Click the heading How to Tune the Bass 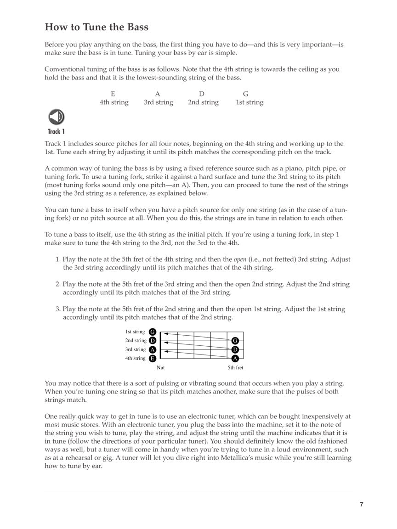point(96,27)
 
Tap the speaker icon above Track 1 point(56,117)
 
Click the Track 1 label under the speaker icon point(56,132)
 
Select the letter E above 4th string point(113,94)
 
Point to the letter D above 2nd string point(201,94)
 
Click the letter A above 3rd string point(158,94)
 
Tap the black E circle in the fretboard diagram point(153,358)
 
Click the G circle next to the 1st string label point(153,332)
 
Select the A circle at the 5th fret point(235,358)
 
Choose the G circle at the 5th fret point(235,341)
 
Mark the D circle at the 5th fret point(235,349)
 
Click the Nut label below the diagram point(160,368)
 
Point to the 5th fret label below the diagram point(235,368)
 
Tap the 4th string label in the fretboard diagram point(135,358)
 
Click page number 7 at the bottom point(362,504)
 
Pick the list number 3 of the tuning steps point(58,309)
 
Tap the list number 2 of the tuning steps point(58,284)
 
